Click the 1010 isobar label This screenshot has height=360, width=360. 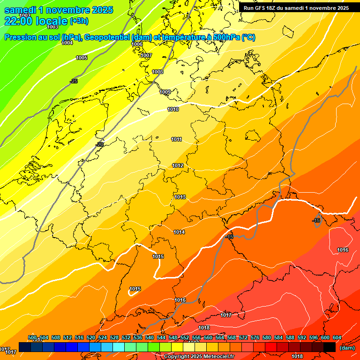[173, 109]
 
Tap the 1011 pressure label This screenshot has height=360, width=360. [176, 139]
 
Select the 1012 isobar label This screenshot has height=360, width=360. [178, 165]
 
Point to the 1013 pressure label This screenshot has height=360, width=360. [180, 197]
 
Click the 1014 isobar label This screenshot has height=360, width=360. [179, 232]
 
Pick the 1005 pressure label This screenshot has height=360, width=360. [82, 58]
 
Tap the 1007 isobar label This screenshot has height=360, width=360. [146, 55]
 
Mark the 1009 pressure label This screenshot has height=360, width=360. [165, 92]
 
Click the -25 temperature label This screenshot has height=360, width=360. [74, 81]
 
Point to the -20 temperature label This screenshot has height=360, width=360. [99, 144]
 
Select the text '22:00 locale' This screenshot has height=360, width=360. [36, 21]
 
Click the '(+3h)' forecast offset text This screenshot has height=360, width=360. [79, 21]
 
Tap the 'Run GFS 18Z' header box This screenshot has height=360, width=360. [296, 7]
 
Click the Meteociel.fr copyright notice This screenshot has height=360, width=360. [199, 357]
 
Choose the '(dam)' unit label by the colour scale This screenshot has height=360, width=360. [347, 348]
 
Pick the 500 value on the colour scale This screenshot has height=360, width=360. [32, 338]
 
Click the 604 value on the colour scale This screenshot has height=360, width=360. [337, 338]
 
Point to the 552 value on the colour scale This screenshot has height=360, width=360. [185, 338]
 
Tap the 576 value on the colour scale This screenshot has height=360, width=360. [255, 338]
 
